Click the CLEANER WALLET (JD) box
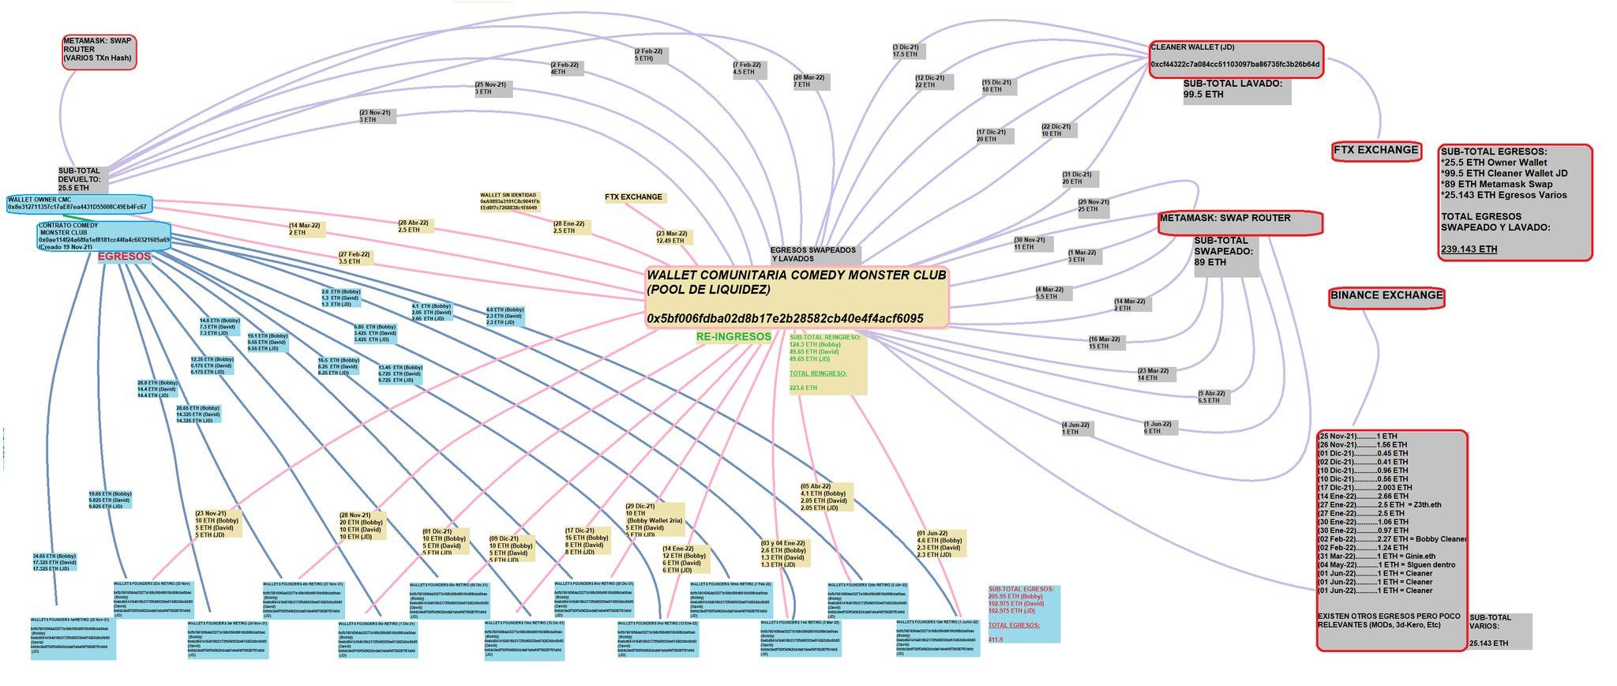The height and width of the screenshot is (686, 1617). pyautogui.click(x=1235, y=59)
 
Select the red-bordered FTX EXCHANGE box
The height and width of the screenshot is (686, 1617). pyautogui.click(x=1375, y=151)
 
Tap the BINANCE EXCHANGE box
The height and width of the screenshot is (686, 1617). pyautogui.click(x=1386, y=296)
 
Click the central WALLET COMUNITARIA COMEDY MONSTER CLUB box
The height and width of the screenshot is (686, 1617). pyautogui.click(x=796, y=296)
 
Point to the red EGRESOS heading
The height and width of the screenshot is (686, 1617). pyautogui.click(x=124, y=257)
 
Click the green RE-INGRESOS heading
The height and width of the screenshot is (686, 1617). pyautogui.click(x=733, y=336)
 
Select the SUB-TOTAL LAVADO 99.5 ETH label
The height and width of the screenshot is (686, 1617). pyautogui.click(x=1236, y=89)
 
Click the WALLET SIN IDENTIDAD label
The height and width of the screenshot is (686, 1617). pyautogui.click(x=509, y=201)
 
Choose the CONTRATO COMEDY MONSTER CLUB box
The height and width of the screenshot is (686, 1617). pyautogui.click(x=103, y=235)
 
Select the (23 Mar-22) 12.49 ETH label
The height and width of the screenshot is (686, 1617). pyautogui.click(x=671, y=237)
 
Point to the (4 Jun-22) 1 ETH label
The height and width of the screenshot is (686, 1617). pyautogui.click(x=1075, y=429)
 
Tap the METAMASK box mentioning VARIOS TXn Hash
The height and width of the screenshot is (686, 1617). pyautogui.click(x=99, y=51)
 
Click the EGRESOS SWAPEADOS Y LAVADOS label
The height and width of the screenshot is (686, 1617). pyautogui.click(x=813, y=254)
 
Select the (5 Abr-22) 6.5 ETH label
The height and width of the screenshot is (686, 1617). pyautogui.click(x=1210, y=396)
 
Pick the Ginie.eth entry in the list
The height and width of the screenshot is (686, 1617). pyautogui.click(x=1420, y=556)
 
